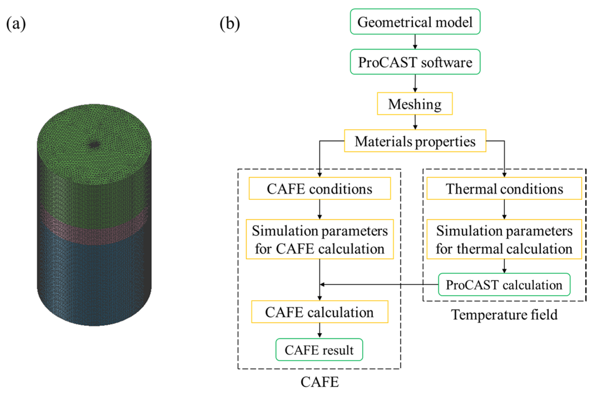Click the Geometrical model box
[x=415, y=22]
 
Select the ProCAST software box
[x=415, y=62]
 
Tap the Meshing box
[x=415, y=104]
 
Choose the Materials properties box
[x=415, y=141]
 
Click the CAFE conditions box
[x=320, y=188]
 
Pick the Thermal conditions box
[x=504, y=188]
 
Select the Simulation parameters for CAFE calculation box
[x=320, y=239]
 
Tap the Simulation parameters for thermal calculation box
[x=504, y=239]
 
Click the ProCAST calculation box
[x=504, y=285]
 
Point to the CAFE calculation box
[x=320, y=312]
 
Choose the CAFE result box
[x=319, y=349]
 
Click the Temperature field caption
[x=504, y=315]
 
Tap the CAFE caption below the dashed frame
[x=320, y=382]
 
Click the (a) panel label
[x=16, y=23]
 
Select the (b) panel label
[x=230, y=23]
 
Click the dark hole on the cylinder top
[x=95, y=144]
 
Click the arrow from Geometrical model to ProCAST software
[x=415, y=42]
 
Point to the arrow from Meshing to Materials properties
[x=415, y=122]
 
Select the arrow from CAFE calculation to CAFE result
[x=320, y=331]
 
